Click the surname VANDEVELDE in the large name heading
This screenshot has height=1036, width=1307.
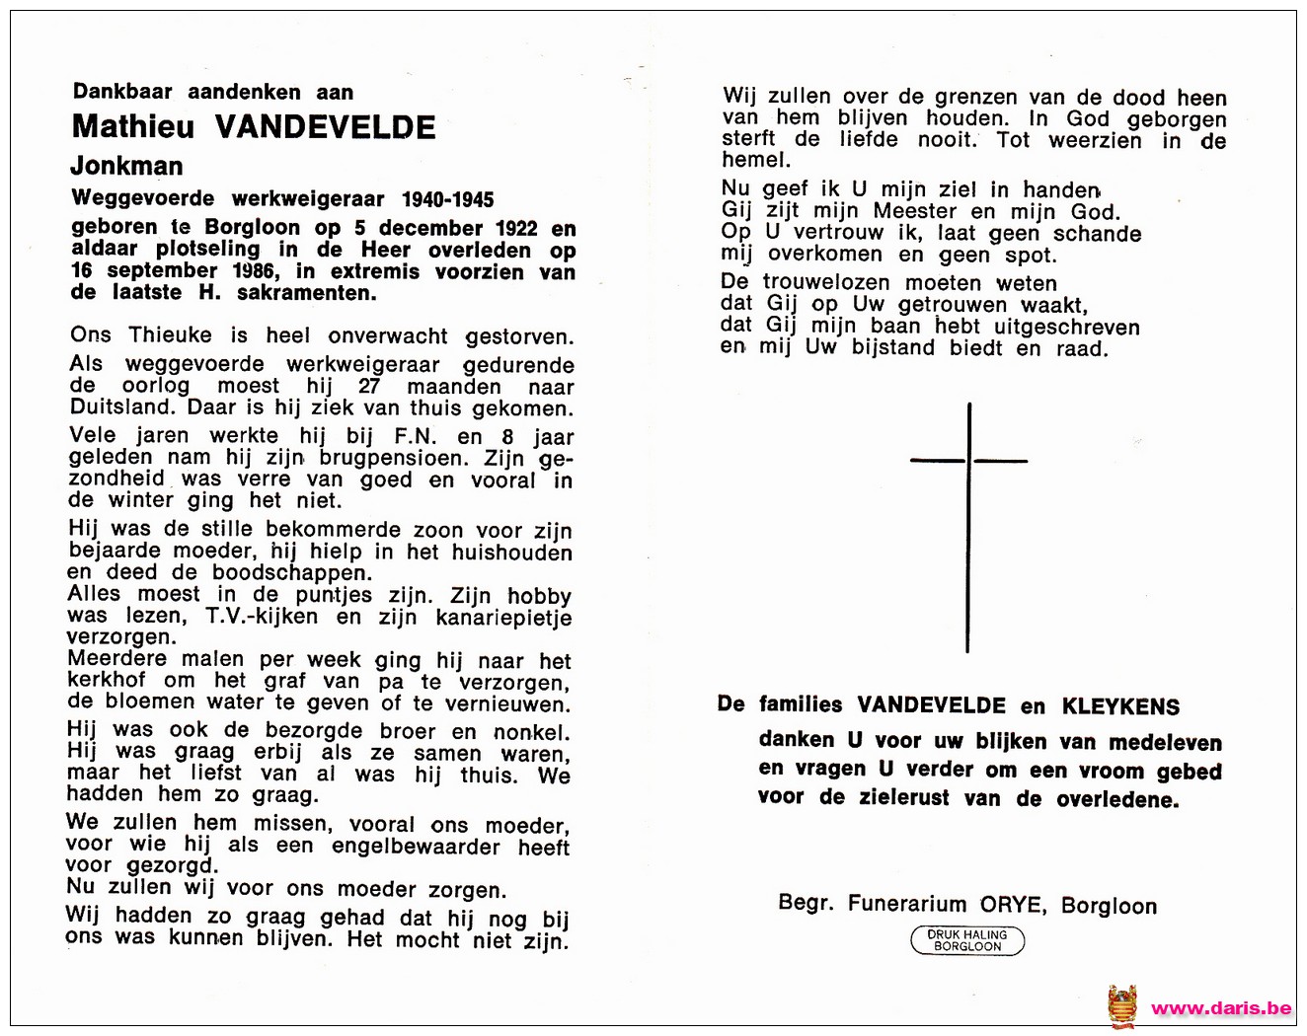pos(325,127)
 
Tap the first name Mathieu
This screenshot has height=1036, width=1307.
pos(132,127)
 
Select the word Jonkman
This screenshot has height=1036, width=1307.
pos(126,166)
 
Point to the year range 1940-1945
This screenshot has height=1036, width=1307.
pos(447,199)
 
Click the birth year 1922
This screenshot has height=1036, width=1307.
pos(516,228)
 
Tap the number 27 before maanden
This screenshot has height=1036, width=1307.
pos(368,387)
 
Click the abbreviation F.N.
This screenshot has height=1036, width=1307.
pos(416,436)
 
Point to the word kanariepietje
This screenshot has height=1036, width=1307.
pos(503,618)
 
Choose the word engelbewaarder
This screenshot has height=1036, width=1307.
pos(416,847)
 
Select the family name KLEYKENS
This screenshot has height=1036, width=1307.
pos(1120,706)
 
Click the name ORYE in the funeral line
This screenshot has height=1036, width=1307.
pos(1011,905)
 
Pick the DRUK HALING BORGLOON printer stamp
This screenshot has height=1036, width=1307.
pos(967,940)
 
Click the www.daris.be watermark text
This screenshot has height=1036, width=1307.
pos(1221,1008)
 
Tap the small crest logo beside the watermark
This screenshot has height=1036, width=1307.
pos(1121,1007)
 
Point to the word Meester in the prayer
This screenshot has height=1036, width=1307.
pos(915,211)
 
